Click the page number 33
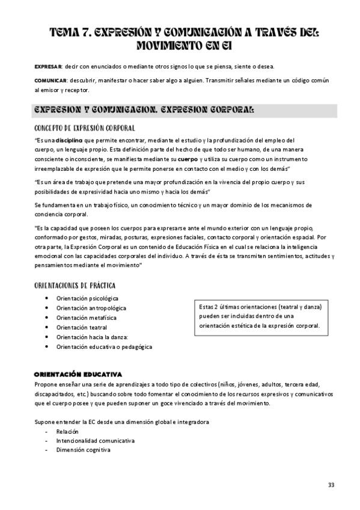[x=331, y=485]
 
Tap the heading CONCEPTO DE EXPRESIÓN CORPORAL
[x=84, y=128]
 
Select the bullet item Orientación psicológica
[x=87, y=298]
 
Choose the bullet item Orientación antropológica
[x=90, y=308]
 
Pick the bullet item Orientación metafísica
[x=87, y=318]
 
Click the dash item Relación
[x=67, y=432]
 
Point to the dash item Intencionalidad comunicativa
[x=95, y=441]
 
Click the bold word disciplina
[x=69, y=141]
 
